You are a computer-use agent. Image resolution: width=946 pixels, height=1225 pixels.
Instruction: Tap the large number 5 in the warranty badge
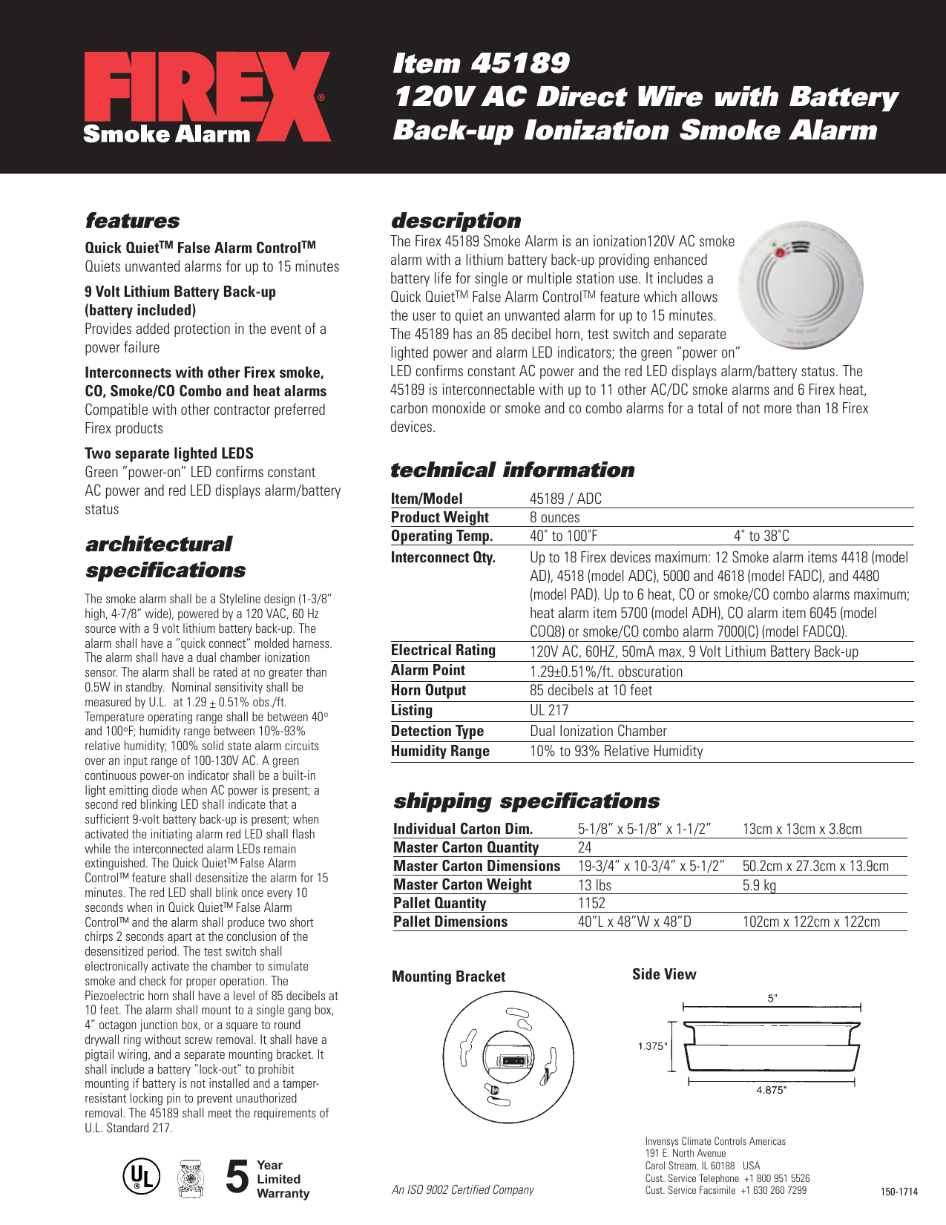(x=237, y=1178)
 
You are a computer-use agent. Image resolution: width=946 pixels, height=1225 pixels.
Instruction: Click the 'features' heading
(x=132, y=220)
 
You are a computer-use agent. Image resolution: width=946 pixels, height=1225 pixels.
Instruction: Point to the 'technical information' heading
(x=512, y=470)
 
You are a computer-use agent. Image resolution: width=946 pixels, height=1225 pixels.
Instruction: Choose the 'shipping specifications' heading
(x=526, y=801)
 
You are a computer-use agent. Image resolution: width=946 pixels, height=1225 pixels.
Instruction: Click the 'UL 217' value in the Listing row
(x=549, y=710)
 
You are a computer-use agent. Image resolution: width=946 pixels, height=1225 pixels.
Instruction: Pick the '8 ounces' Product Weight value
(x=555, y=517)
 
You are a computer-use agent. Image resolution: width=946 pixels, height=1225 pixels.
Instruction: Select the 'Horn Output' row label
(x=428, y=690)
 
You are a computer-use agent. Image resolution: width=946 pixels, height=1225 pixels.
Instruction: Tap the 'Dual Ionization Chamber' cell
(x=598, y=731)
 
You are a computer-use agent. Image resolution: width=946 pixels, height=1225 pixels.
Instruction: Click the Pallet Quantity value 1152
(x=591, y=903)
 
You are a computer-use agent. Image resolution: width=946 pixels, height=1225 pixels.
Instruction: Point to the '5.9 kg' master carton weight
(x=759, y=884)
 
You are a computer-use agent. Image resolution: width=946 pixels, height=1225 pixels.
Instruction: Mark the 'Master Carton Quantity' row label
(x=466, y=847)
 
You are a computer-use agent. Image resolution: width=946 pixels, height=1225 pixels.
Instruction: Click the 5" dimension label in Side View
(x=772, y=999)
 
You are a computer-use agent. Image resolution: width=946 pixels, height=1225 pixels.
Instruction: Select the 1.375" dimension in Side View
(x=653, y=1046)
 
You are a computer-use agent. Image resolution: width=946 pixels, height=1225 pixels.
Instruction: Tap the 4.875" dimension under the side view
(x=771, y=1090)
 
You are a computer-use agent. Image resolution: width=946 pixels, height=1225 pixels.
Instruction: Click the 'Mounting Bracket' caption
(x=448, y=976)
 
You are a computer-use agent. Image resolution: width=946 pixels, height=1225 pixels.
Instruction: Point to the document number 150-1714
(x=899, y=1192)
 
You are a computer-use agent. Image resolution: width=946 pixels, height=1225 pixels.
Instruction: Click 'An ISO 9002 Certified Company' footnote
(x=463, y=1189)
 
